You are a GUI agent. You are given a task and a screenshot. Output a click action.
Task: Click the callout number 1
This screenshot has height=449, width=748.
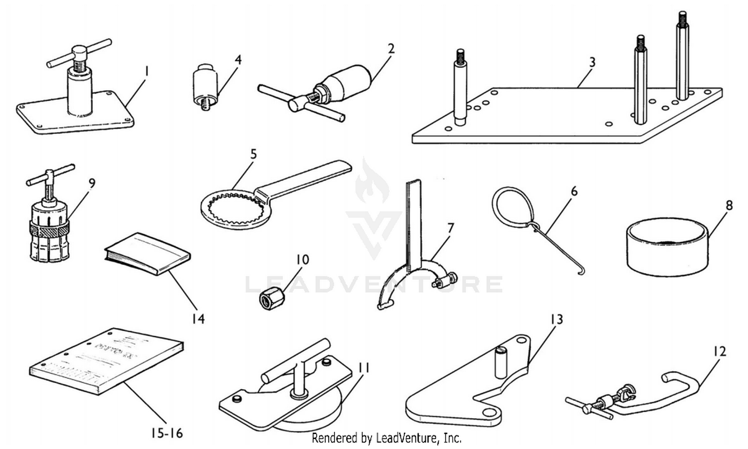click(146, 72)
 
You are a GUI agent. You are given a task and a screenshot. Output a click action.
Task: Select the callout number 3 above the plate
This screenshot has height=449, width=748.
click(592, 62)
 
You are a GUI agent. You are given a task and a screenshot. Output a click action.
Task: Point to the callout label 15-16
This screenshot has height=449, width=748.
click(167, 434)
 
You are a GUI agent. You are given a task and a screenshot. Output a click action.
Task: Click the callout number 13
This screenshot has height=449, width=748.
click(556, 318)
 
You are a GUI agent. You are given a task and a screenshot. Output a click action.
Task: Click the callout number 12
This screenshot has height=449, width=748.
click(719, 351)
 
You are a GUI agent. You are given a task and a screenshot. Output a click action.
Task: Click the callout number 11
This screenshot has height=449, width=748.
click(364, 368)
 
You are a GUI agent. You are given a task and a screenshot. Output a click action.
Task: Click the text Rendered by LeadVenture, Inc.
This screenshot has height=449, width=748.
click(386, 439)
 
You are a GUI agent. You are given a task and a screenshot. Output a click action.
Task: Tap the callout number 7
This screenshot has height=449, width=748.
click(450, 228)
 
